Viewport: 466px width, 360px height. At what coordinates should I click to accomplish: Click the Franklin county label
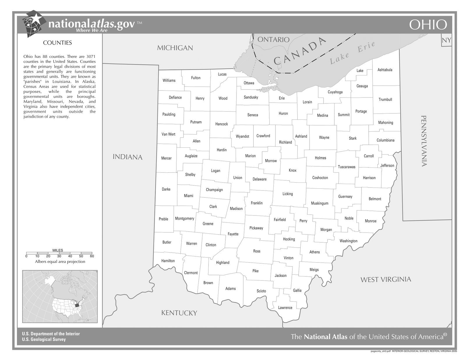[x=257, y=203]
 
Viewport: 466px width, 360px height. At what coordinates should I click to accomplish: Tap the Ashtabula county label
[x=385, y=70]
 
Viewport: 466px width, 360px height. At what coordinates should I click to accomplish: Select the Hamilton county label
[x=168, y=261]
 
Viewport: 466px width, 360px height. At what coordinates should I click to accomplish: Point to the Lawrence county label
[x=285, y=308]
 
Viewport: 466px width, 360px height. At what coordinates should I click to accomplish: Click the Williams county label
[x=169, y=80]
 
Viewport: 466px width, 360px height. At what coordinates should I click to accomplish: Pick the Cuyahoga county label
[x=335, y=92]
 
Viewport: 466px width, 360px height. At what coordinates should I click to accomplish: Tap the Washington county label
[x=348, y=241]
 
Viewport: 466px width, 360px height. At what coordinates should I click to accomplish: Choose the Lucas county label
[x=222, y=74]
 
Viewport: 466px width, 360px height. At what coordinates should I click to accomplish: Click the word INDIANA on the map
[x=128, y=157]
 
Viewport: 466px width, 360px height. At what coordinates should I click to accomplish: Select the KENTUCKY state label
[x=179, y=313]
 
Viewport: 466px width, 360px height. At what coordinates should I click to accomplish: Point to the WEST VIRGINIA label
[x=386, y=280]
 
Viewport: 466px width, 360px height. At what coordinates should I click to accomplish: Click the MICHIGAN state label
[x=175, y=48]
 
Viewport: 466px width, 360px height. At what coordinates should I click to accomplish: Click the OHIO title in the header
[x=428, y=25]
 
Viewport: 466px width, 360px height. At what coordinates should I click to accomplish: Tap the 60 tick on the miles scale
[x=92, y=256]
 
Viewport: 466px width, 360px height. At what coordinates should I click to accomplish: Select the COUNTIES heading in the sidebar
[x=57, y=43]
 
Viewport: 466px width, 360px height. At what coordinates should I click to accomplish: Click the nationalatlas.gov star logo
[x=34, y=23]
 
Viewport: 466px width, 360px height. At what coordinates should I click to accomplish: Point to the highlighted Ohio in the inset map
[x=77, y=305]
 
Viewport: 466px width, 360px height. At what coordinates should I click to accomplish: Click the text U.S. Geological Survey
[x=44, y=339]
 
